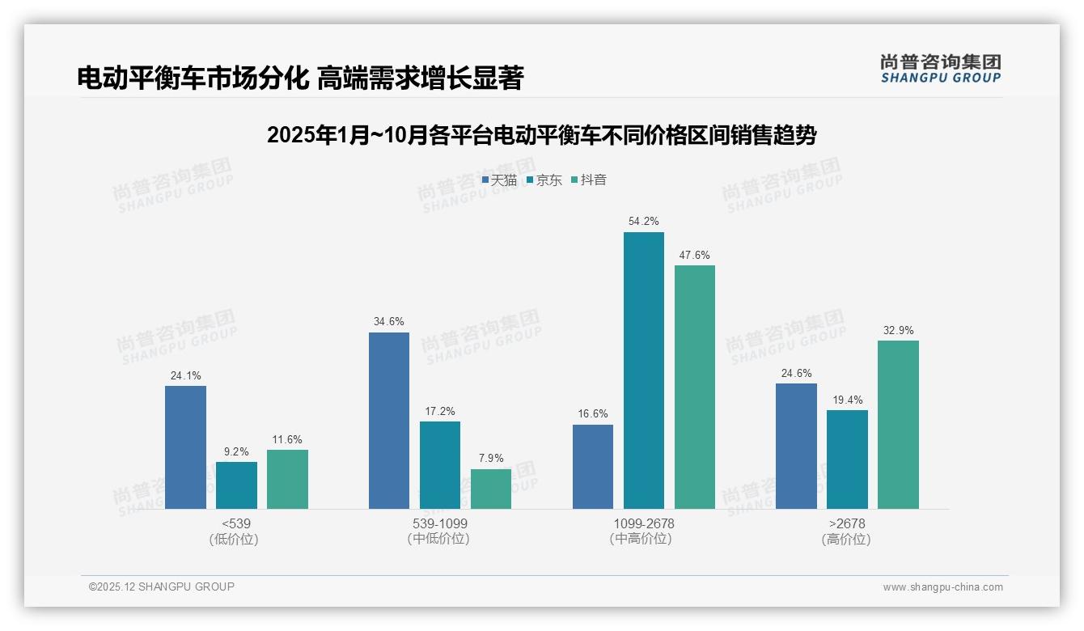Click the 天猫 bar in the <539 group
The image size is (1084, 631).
(x=185, y=447)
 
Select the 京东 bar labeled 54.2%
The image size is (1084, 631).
(x=644, y=371)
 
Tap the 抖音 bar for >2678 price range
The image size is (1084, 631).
(x=898, y=425)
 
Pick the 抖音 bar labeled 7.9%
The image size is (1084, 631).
(x=491, y=489)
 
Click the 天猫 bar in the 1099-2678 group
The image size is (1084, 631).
(x=593, y=467)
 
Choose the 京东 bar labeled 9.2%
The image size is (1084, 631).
(x=236, y=485)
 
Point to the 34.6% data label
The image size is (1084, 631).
(x=388, y=322)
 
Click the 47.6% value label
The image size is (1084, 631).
(x=694, y=255)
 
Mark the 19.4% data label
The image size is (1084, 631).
(x=847, y=400)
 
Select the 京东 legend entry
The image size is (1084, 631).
(x=544, y=180)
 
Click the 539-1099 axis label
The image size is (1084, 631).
(x=439, y=523)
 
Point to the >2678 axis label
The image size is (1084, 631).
(x=846, y=523)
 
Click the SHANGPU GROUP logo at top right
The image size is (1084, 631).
(x=940, y=69)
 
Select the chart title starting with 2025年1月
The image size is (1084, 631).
(x=541, y=135)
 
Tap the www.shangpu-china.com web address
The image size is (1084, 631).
(x=942, y=587)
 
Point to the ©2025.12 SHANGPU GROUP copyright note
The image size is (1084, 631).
(x=162, y=587)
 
